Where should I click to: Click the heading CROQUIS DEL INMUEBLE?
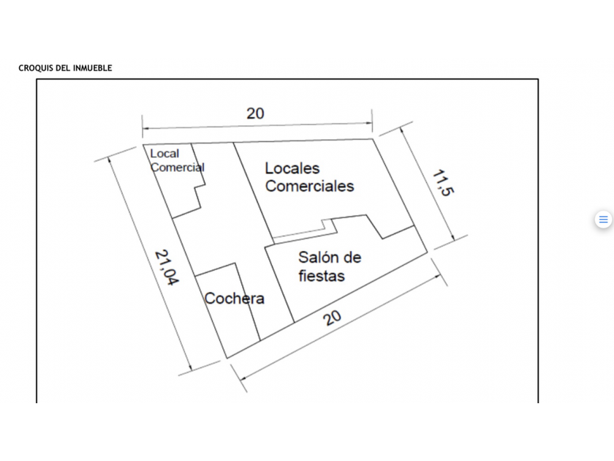(65, 68)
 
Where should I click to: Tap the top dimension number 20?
(255, 113)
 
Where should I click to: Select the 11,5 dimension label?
(441, 183)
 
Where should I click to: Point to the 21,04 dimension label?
(167, 268)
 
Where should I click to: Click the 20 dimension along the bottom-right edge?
(333, 318)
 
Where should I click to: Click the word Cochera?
(234, 299)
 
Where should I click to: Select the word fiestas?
(322, 276)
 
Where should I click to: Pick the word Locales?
(292, 168)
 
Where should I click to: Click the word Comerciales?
(309, 186)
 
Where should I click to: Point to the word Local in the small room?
(164, 154)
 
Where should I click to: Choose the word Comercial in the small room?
(178, 167)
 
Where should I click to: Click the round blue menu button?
(603, 220)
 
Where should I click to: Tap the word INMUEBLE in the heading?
(93, 68)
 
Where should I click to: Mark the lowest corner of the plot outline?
(227, 358)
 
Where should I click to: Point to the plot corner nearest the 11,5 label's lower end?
(427, 252)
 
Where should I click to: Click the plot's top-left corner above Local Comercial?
(143, 145)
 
